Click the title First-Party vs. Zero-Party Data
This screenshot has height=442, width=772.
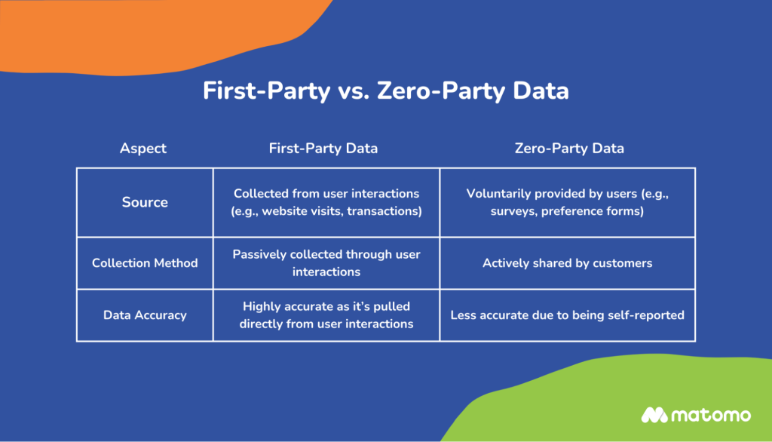385,91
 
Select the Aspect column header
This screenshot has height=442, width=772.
143,149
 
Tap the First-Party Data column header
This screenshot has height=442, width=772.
323,149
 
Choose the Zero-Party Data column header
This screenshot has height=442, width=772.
569,149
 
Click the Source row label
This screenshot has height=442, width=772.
145,202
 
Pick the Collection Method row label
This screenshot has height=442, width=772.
145,263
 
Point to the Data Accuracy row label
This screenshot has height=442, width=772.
145,315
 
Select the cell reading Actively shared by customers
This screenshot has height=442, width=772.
568,263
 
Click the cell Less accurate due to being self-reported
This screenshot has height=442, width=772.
568,315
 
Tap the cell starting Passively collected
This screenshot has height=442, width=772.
326,262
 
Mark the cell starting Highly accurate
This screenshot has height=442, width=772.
326,315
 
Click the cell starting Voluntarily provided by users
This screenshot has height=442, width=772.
568,202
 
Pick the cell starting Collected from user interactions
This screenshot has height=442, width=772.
326,202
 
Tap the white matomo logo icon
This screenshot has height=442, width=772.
654,415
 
